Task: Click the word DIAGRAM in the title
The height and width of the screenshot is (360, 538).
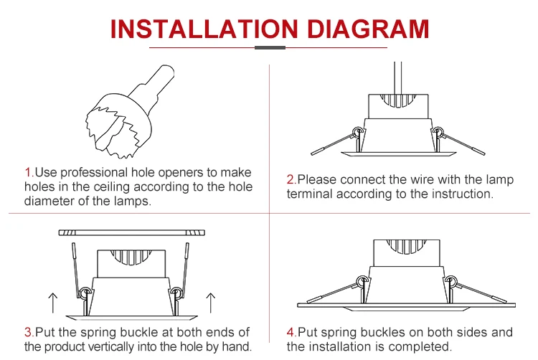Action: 368,29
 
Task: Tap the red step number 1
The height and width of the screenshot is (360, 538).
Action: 29,172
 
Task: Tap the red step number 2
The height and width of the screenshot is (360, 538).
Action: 291,179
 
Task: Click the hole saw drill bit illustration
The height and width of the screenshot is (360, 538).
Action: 130,112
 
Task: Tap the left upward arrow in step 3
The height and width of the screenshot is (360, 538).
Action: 53,303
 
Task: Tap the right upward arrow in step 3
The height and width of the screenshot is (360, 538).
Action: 211,303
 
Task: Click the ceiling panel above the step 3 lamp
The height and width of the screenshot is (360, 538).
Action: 132,233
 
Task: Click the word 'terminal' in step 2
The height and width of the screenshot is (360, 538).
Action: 310,194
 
